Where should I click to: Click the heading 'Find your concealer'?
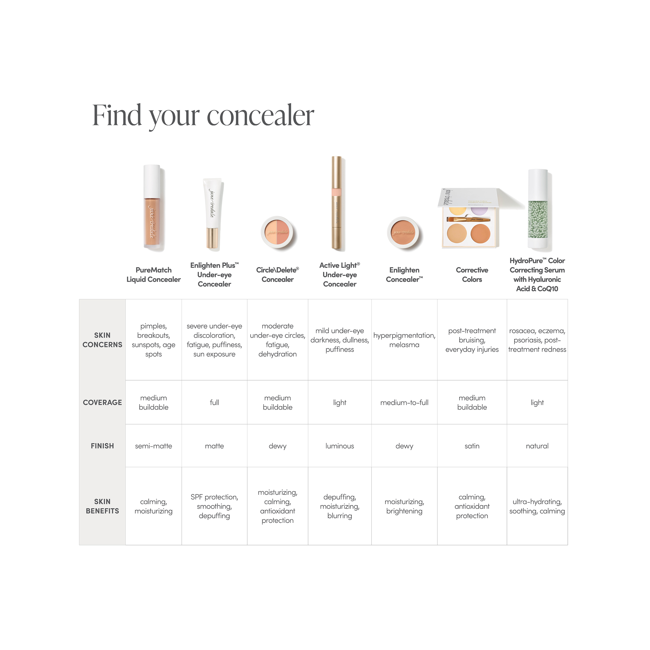point(203,115)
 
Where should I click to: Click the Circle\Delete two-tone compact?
point(277,232)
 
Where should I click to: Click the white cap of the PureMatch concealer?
point(152,181)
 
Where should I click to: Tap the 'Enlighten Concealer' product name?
point(404,275)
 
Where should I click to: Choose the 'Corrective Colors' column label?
point(472,275)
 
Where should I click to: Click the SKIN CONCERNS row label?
point(102,340)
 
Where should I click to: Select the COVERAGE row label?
point(102,402)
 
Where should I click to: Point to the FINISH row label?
point(102,446)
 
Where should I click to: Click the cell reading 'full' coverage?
point(214,402)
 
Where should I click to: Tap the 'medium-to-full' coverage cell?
point(404,402)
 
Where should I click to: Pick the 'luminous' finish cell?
point(340,446)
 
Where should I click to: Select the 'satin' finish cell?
point(472,446)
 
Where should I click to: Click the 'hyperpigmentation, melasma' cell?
point(404,340)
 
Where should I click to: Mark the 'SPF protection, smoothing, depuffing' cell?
point(214,506)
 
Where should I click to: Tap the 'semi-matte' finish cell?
point(153,446)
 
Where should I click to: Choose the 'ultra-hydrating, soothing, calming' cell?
point(537,506)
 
